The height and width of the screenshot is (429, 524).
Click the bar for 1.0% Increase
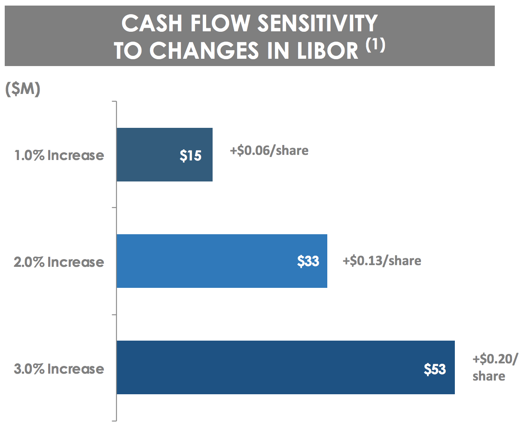165,154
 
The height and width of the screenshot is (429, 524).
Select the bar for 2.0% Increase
222,261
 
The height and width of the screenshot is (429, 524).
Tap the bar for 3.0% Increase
286,367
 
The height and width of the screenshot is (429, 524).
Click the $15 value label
191,155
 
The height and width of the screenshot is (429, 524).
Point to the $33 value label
308,261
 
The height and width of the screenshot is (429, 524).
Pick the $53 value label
435,369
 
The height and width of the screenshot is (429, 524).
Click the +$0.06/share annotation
269,151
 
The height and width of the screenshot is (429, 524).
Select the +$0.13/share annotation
382,260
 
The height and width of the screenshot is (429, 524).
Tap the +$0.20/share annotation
495,367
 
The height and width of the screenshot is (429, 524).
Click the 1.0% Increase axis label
59,155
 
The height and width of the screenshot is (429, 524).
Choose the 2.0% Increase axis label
59,262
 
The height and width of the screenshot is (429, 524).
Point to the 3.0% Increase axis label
59,369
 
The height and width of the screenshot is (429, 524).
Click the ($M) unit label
22,90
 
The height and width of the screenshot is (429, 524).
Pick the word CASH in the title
150,23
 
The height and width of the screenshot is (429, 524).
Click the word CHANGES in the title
204,51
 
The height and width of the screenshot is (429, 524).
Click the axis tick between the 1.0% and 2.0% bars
114,208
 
